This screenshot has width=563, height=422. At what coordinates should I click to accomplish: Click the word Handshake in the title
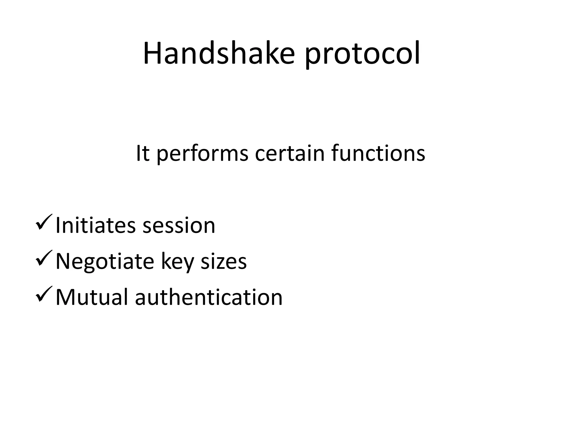coord(219,54)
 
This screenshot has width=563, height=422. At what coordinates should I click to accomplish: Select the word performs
coord(202,154)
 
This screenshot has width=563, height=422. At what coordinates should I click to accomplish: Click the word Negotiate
coord(105,262)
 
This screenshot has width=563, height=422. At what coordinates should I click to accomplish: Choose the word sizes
coord(223,261)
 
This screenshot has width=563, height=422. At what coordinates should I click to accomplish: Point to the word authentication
coord(209,297)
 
